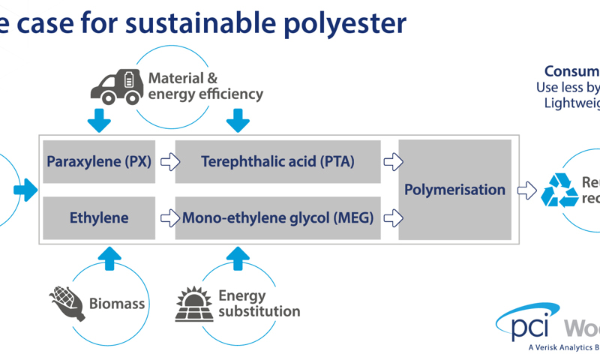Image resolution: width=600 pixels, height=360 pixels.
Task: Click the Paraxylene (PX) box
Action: pos(99,161)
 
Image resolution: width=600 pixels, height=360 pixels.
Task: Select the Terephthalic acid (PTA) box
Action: pos(277,161)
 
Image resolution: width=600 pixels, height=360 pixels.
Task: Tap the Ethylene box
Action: pos(99,218)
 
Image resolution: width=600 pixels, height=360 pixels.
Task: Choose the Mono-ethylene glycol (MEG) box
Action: pos(277,218)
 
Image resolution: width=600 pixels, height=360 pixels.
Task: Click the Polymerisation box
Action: pos(454,190)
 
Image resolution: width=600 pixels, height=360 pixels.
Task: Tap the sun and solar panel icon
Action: pos(193,303)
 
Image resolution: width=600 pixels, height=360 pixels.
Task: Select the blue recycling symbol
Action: pos(559,190)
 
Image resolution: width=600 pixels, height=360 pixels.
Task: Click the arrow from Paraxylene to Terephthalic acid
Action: pos(170,161)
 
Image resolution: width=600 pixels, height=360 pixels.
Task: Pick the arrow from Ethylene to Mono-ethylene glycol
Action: pos(170,218)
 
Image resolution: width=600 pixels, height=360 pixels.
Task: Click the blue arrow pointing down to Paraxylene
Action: pos(99,120)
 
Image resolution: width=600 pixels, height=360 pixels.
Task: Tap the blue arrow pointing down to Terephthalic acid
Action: pos(238,120)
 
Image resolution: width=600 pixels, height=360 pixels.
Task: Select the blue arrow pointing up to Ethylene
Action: pos(109,258)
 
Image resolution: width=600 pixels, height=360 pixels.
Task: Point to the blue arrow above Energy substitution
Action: pos(238,258)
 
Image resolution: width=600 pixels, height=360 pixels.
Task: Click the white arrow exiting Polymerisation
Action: pos(527,190)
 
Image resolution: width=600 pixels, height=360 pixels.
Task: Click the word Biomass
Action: pos(117,304)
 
